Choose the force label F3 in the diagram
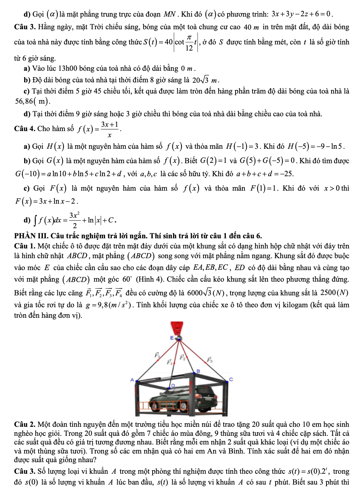point(210,360)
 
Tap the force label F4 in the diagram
point(169,362)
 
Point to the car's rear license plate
point(208,399)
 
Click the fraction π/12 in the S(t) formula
point(189,43)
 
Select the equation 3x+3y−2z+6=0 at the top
point(301,14)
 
